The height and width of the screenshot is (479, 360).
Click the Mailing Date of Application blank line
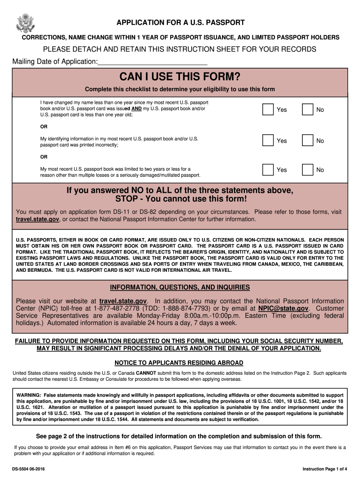152,62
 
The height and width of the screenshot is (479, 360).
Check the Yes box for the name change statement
268,109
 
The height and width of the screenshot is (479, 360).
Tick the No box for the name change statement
307,109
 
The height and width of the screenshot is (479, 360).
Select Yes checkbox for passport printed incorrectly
268,140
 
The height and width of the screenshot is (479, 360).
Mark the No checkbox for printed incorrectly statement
307,140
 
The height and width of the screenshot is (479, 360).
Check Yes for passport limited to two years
268,169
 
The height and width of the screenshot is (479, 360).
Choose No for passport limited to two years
307,169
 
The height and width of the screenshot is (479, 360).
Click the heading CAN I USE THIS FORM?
180,76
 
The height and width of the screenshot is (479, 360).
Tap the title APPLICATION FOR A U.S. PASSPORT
180,22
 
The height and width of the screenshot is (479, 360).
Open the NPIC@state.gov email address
283,309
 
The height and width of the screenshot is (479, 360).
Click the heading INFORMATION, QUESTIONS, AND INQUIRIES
180,287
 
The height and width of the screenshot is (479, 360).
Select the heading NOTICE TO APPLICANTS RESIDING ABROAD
179,363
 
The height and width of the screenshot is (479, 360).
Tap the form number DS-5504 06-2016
29,469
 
